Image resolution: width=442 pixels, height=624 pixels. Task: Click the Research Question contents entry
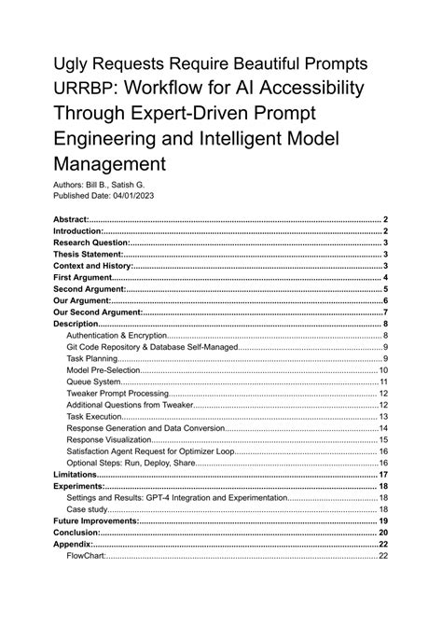(x=90, y=243)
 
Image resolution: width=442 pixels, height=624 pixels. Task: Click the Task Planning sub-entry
(x=93, y=359)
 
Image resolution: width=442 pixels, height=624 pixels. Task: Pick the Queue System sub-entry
(x=94, y=381)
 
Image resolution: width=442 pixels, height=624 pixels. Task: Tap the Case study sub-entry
(x=89, y=509)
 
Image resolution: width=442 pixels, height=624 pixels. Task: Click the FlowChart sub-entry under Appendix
(x=87, y=556)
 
